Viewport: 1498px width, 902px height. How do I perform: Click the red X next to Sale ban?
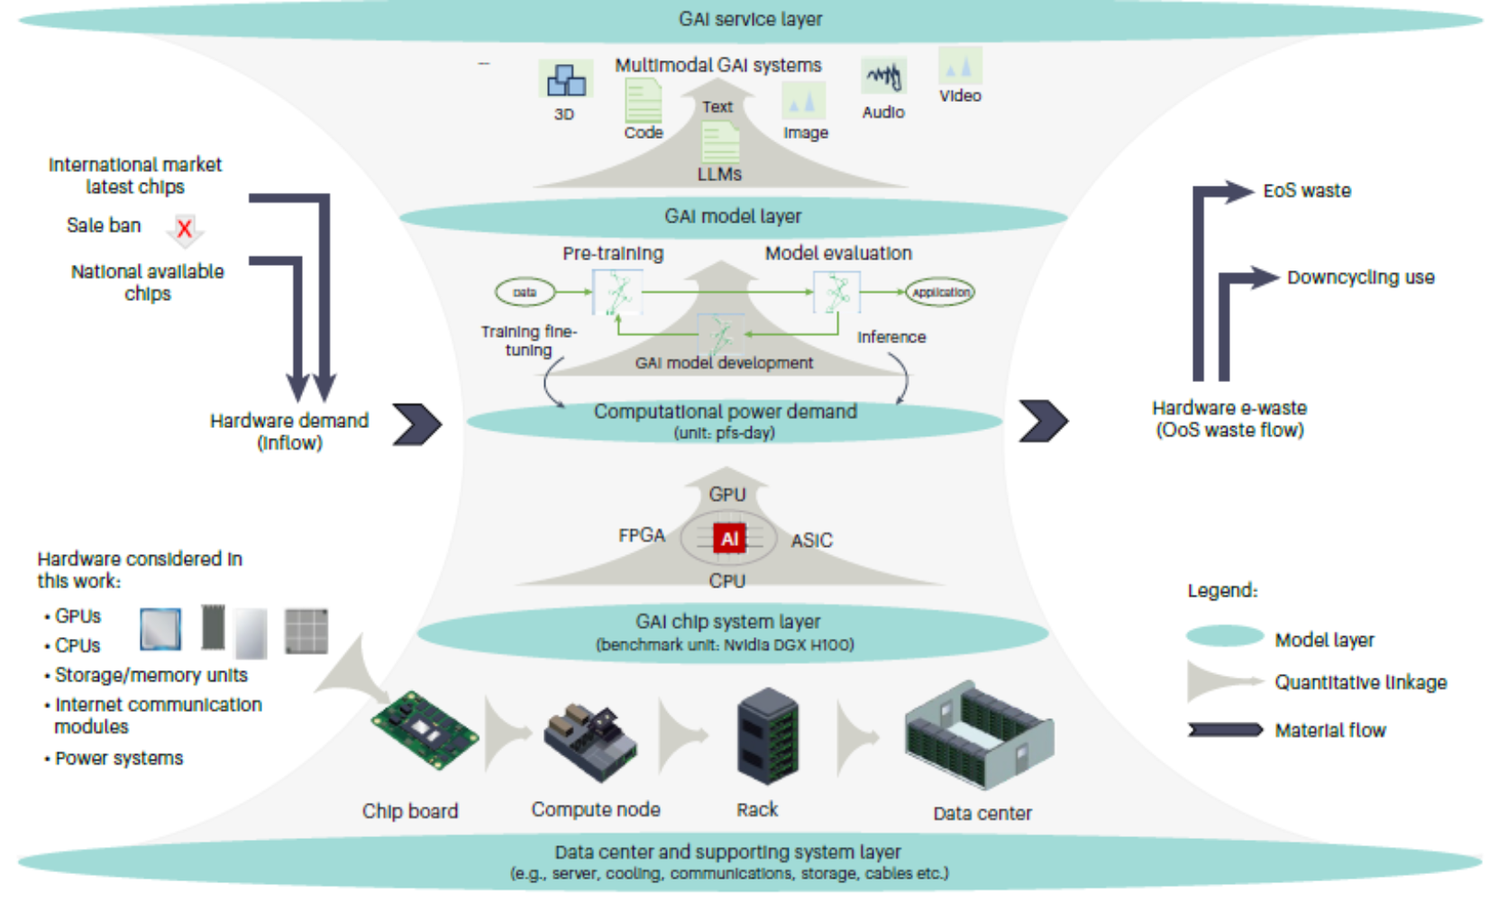click(185, 229)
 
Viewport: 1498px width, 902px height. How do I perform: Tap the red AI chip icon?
click(729, 539)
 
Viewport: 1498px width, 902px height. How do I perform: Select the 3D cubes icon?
click(566, 80)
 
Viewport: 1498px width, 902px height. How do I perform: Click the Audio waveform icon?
click(883, 77)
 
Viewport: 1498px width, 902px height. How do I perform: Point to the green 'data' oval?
click(525, 292)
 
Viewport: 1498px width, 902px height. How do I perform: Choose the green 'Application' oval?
click(940, 292)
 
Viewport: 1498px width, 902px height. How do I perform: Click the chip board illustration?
click(423, 731)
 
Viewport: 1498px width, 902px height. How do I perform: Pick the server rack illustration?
click(767, 736)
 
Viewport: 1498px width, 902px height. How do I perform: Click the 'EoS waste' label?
click(1306, 191)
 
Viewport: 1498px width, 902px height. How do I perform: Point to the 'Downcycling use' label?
click(1360, 278)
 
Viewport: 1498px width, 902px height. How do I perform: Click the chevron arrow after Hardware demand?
click(417, 424)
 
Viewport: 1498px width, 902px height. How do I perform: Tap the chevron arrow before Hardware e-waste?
click(1043, 421)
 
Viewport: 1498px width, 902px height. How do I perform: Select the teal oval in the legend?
click(1225, 636)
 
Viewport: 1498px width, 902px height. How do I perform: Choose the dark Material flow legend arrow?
click(1225, 730)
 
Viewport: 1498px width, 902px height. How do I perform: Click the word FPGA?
click(642, 535)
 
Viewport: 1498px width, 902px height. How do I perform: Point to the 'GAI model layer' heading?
click(733, 216)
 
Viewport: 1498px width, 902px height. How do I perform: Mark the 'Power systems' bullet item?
click(119, 759)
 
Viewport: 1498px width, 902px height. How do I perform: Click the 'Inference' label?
click(891, 337)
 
